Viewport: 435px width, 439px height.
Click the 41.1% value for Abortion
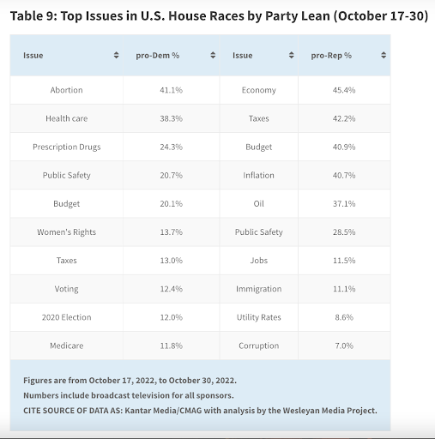(171, 90)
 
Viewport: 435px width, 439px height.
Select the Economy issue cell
(259, 90)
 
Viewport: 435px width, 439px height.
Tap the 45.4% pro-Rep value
(344, 90)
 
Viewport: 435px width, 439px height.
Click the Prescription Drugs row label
(67, 147)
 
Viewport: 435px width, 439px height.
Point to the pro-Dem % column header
(158, 56)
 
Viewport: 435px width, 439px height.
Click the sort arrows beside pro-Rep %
(384, 55)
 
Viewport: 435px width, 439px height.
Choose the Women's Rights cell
(67, 232)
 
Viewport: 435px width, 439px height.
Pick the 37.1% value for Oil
(344, 203)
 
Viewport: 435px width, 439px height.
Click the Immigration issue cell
(259, 289)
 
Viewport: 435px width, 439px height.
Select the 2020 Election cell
(67, 317)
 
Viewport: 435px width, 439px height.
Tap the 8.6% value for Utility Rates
(344, 317)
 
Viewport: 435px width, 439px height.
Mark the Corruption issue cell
(259, 346)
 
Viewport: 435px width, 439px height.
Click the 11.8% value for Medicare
(171, 346)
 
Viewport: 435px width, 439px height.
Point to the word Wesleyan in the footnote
(301, 411)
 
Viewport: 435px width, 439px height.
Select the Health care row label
(67, 118)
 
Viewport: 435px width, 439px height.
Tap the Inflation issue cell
(259, 175)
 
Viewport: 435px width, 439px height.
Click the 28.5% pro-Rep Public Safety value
(344, 232)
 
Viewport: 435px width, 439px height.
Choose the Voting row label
(67, 289)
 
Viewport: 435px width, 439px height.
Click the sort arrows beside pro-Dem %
(213, 55)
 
